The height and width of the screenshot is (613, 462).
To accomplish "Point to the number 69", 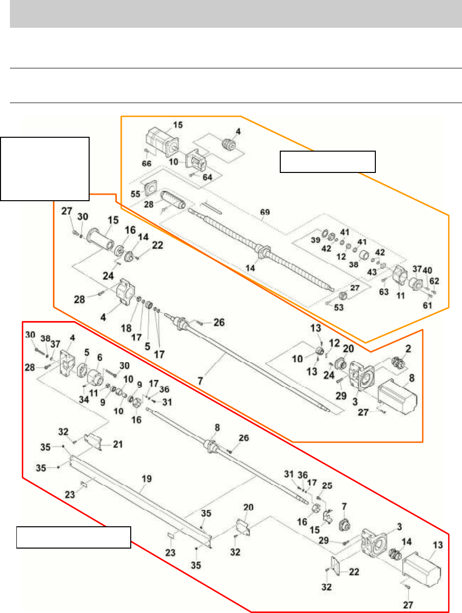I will coord(265,212).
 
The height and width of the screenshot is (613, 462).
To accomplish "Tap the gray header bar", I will coord(231,14).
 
